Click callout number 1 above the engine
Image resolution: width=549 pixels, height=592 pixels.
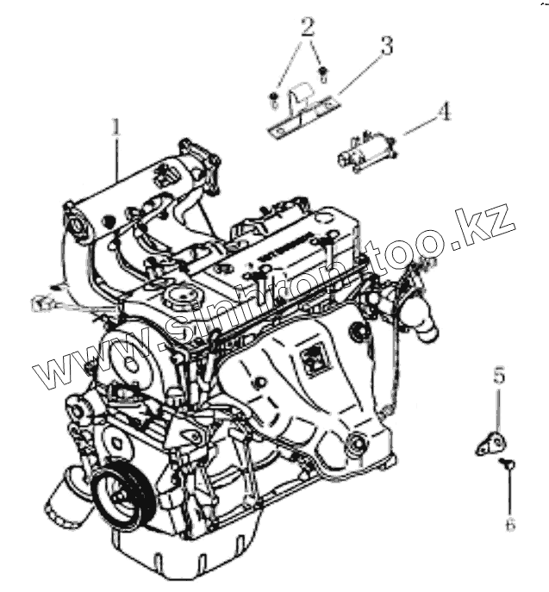click(115, 127)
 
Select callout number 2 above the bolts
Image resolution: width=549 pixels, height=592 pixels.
click(306, 27)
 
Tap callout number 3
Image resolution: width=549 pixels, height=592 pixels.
click(386, 47)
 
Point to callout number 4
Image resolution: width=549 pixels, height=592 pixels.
click(444, 111)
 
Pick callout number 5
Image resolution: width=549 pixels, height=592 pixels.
click(499, 376)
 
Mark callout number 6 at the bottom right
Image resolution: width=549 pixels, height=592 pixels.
click(510, 523)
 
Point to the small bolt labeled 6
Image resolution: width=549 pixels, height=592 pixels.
click(509, 465)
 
